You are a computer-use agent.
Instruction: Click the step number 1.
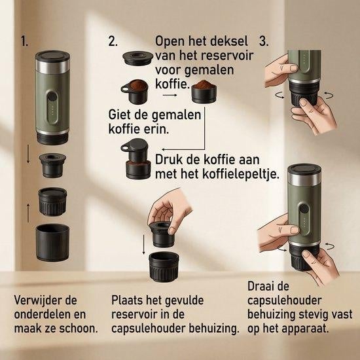[x=24, y=41]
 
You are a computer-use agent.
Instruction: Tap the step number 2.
[x=113, y=41]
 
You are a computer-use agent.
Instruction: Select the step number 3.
[x=264, y=41]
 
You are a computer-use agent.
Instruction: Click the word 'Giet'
[x=120, y=115]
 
